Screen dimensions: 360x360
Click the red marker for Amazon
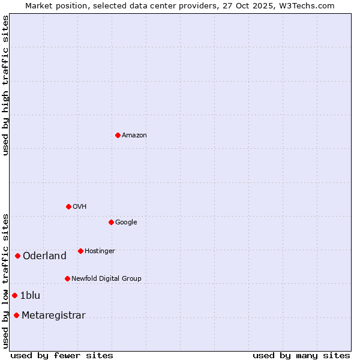[x=118, y=135]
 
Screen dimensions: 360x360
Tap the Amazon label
[x=134, y=136]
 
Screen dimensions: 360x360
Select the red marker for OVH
[x=68, y=206]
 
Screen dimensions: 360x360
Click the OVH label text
[x=80, y=207]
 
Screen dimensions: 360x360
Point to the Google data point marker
[x=111, y=222]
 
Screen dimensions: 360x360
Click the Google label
[x=126, y=223]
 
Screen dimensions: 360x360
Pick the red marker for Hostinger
[x=80, y=251]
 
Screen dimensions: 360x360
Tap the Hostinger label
[x=100, y=251]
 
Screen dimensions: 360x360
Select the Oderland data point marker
[x=17, y=256]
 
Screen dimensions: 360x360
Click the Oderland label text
[x=44, y=256]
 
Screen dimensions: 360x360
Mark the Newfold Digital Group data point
[x=67, y=278]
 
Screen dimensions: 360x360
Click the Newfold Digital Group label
[x=106, y=279]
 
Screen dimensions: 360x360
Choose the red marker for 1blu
[x=14, y=295]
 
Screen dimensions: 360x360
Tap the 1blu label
[x=30, y=296]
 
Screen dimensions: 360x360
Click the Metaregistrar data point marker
[x=16, y=316]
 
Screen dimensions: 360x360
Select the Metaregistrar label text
[x=53, y=316]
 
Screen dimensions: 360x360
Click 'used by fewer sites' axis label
[x=62, y=356]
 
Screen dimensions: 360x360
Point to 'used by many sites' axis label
[x=301, y=356]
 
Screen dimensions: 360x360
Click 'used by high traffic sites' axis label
[x=6, y=85]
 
